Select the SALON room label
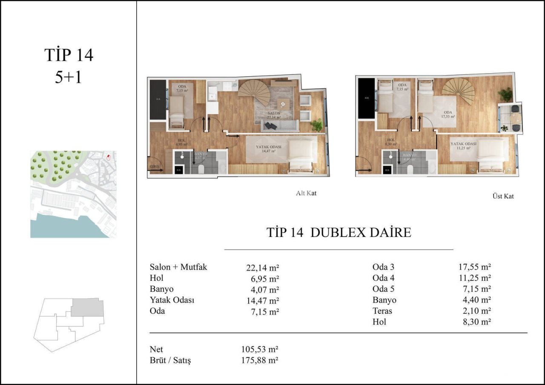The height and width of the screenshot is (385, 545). tap(274, 114)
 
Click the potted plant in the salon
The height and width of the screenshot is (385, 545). tap(316, 125)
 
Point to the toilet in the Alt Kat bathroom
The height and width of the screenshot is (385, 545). tap(201, 169)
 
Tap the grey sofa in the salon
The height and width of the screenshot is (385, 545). tap(279, 126)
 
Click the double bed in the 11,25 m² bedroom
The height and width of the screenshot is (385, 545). tap(491, 155)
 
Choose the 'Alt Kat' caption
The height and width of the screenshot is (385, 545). tap(306, 193)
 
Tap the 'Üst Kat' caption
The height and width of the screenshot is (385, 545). tap(503, 196)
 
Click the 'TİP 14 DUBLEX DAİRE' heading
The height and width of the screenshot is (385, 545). tap(338, 233)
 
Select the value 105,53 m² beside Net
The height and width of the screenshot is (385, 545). tap(259, 350)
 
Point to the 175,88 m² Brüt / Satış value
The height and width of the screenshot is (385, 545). tap(259, 361)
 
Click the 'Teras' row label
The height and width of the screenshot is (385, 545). tap(382, 311)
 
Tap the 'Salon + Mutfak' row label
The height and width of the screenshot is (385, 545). tap(178, 268)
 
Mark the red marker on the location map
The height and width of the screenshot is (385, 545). tap(109, 157)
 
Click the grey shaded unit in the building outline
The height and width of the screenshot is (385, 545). tap(87, 308)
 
